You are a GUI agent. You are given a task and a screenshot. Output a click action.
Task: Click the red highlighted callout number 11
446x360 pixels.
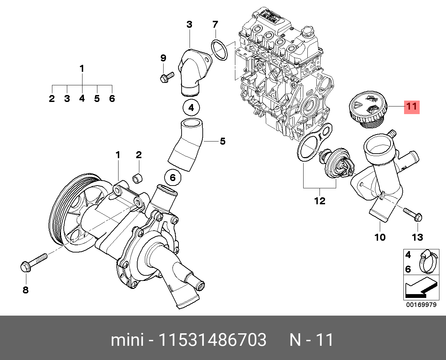click(412, 107)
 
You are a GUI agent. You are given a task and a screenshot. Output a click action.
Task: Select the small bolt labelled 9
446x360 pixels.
click(167, 78)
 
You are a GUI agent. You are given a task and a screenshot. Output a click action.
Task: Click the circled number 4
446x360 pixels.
click(191, 108)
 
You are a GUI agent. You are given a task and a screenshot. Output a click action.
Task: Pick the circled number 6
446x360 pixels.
click(173, 178)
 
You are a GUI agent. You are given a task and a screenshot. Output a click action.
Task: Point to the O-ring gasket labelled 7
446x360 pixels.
click(219, 51)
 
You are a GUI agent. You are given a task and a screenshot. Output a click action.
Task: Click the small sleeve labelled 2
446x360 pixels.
click(137, 179)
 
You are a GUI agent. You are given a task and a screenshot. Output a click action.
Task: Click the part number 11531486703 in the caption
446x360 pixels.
click(212, 340)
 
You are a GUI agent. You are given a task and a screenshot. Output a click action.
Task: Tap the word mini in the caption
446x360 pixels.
click(127, 340)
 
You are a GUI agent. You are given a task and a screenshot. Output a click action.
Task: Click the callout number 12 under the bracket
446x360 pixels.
click(320, 201)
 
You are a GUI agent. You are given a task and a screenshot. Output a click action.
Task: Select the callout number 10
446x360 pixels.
click(380, 237)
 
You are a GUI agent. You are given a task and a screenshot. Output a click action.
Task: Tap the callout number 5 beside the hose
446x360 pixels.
click(222, 141)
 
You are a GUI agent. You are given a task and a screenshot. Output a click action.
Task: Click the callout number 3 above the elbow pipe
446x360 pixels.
click(189, 25)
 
